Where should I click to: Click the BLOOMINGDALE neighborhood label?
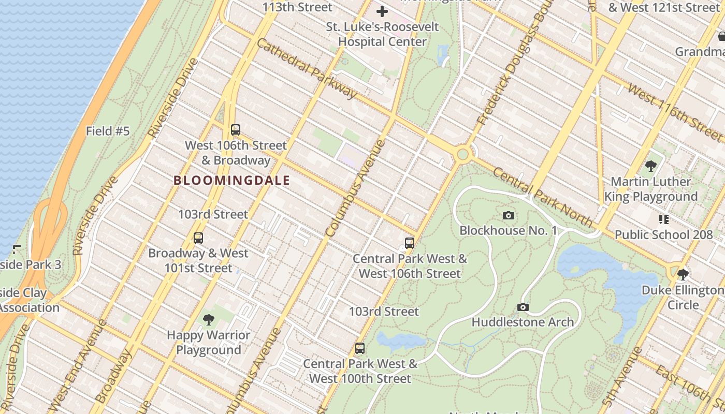point(231,181)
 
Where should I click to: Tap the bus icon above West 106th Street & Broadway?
point(236,129)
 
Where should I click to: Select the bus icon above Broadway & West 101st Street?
point(198,238)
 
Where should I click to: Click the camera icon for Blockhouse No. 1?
point(509,215)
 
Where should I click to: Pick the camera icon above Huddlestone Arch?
point(523,307)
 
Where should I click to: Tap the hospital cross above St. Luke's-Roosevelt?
point(382,11)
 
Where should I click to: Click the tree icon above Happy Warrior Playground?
point(209,319)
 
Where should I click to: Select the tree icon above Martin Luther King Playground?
point(651,166)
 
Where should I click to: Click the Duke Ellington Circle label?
point(683,298)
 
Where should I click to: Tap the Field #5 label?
point(108,131)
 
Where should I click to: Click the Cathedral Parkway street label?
point(307,68)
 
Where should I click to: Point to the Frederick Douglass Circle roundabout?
point(462,154)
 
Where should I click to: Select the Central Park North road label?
point(542,197)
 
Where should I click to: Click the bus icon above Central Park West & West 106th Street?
point(410,243)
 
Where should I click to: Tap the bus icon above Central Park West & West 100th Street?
point(360,348)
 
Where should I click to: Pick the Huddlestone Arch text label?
point(523,322)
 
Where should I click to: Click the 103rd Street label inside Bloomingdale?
point(213,214)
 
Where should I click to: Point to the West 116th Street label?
point(674,112)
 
